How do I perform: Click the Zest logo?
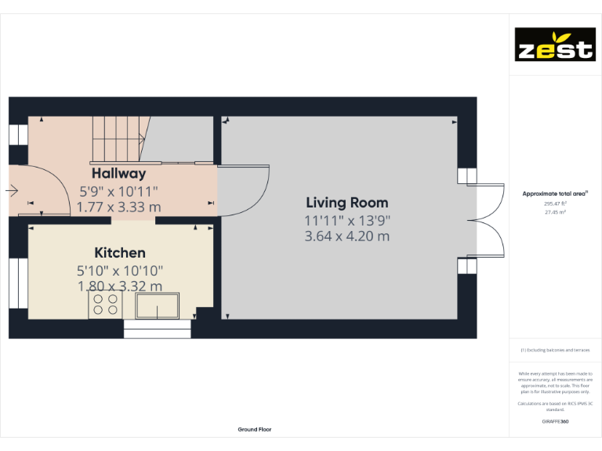(x=554, y=45)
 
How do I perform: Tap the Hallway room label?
(x=118, y=174)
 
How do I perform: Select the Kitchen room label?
(x=120, y=253)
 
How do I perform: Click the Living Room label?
(x=346, y=203)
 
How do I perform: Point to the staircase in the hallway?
(x=118, y=139)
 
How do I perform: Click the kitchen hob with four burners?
(x=105, y=305)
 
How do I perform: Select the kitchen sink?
(x=157, y=305)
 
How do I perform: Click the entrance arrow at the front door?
(x=12, y=190)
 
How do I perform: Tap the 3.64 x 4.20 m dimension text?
(x=346, y=236)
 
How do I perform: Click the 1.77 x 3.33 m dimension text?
(x=118, y=207)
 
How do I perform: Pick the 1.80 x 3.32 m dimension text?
(x=120, y=287)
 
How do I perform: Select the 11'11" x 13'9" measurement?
(x=346, y=221)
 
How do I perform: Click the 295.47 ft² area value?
(x=555, y=203)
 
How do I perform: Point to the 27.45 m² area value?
(x=555, y=211)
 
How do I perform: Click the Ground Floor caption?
(x=255, y=429)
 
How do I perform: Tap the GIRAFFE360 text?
(x=555, y=421)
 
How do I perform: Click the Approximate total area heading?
(x=555, y=193)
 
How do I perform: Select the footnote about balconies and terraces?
(x=555, y=350)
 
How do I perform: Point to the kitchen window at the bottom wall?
(x=158, y=333)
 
